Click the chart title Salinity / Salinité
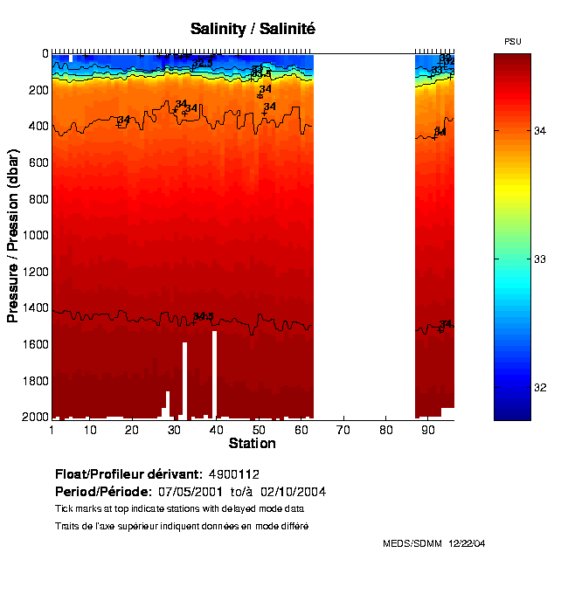(x=253, y=29)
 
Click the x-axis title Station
(x=252, y=444)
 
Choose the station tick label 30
(x=174, y=430)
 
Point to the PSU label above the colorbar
(x=513, y=42)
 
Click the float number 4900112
(x=234, y=474)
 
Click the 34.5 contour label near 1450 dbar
(x=204, y=316)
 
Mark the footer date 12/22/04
(x=467, y=543)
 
